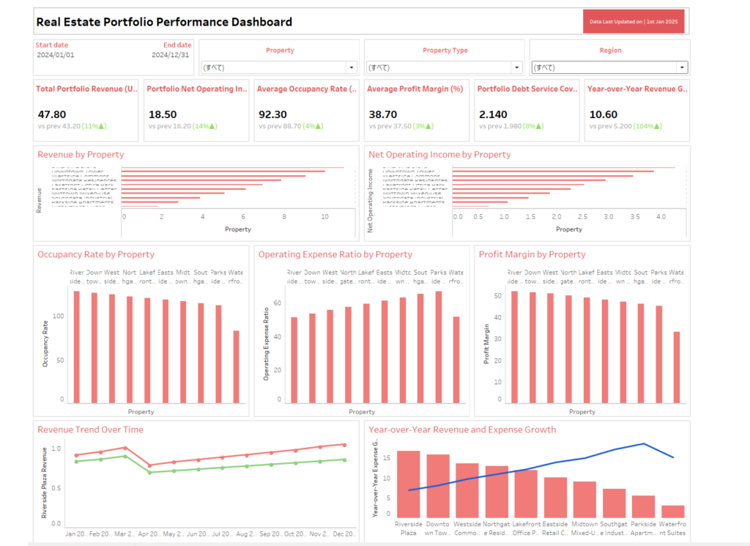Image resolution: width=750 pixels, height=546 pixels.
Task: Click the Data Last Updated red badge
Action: (x=634, y=21)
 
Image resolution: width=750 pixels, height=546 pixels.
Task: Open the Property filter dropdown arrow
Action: (x=352, y=67)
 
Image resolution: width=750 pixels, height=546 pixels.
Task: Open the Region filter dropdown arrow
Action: (x=683, y=67)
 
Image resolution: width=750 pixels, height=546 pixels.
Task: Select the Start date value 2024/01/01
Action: (x=56, y=55)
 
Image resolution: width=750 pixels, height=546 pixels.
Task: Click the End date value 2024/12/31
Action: (x=171, y=55)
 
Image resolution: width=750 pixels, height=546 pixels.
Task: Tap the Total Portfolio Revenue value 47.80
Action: (x=52, y=114)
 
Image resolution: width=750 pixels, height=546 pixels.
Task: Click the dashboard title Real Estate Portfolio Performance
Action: (x=164, y=22)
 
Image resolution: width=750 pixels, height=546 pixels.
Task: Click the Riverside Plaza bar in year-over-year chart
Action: (x=408, y=484)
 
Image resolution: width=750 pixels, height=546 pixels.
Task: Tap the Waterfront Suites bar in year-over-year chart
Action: (x=673, y=511)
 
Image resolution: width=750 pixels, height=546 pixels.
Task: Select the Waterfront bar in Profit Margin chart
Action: (x=676, y=366)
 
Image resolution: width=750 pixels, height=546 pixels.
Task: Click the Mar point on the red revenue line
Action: (x=125, y=448)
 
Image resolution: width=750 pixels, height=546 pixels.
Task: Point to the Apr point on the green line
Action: (x=149, y=472)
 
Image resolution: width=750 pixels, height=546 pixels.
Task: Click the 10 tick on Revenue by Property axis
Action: (x=324, y=218)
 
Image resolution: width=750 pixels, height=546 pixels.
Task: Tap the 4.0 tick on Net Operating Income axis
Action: (x=661, y=218)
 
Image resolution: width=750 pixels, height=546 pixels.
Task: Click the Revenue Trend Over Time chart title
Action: (x=90, y=429)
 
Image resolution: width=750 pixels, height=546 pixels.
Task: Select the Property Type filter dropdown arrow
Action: (x=517, y=67)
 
